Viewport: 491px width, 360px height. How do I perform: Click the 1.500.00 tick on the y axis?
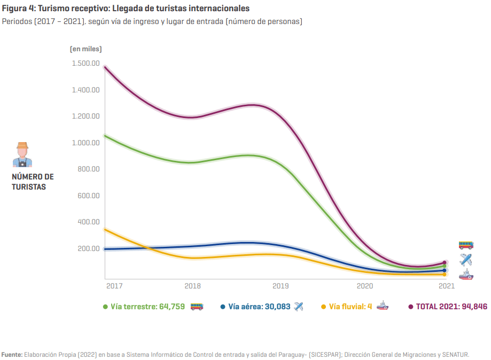[85, 64]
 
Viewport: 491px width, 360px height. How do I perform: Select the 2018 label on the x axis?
[192, 286]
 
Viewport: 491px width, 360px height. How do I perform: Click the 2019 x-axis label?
[280, 286]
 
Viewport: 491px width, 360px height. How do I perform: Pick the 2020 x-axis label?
[365, 286]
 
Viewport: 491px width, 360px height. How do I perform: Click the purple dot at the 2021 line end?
[444, 263]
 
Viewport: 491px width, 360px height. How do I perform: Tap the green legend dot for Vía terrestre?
[106, 307]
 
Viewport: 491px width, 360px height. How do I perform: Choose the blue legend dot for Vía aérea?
[223, 307]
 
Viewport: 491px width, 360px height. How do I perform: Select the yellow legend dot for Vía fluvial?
[323, 307]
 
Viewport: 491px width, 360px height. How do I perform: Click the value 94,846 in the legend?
[473, 307]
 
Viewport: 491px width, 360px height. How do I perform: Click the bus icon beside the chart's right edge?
[466, 245]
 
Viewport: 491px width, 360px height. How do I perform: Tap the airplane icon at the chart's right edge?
[466, 260]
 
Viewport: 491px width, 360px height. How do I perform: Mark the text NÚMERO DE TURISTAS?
[33, 182]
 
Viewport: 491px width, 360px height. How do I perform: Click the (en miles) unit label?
[85, 49]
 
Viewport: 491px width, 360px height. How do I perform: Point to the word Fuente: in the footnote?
[12, 354]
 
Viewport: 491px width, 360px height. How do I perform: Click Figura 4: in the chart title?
[17, 9]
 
